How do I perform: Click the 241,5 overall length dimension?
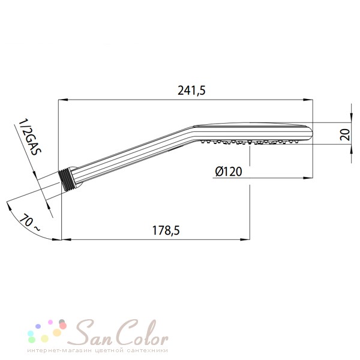click(x=192, y=91)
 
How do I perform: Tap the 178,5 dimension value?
click(x=166, y=230)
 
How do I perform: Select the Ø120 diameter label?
click(x=229, y=172)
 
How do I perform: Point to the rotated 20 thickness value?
click(x=345, y=134)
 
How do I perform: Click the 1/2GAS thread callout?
click(x=30, y=137)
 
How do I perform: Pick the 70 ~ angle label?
click(x=30, y=222)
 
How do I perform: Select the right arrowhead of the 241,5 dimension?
click(x=308, y=100)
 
